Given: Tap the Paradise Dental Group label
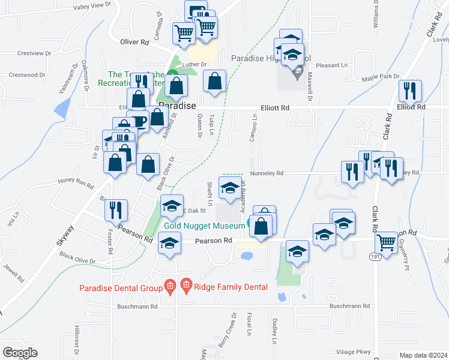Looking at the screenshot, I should coord(121,287).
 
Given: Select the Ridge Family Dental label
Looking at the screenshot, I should coord(231,287).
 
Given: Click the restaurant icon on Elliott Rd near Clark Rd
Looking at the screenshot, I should coord(411,91).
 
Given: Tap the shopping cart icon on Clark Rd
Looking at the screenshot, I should coord(387,243).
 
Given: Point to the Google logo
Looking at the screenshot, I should coord(20,353).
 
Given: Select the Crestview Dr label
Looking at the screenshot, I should coord(35,53).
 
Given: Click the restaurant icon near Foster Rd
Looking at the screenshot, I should coord(113,210).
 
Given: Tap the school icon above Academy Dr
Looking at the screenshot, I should coord(230,187).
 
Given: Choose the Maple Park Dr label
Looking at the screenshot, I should coord(380,77).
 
